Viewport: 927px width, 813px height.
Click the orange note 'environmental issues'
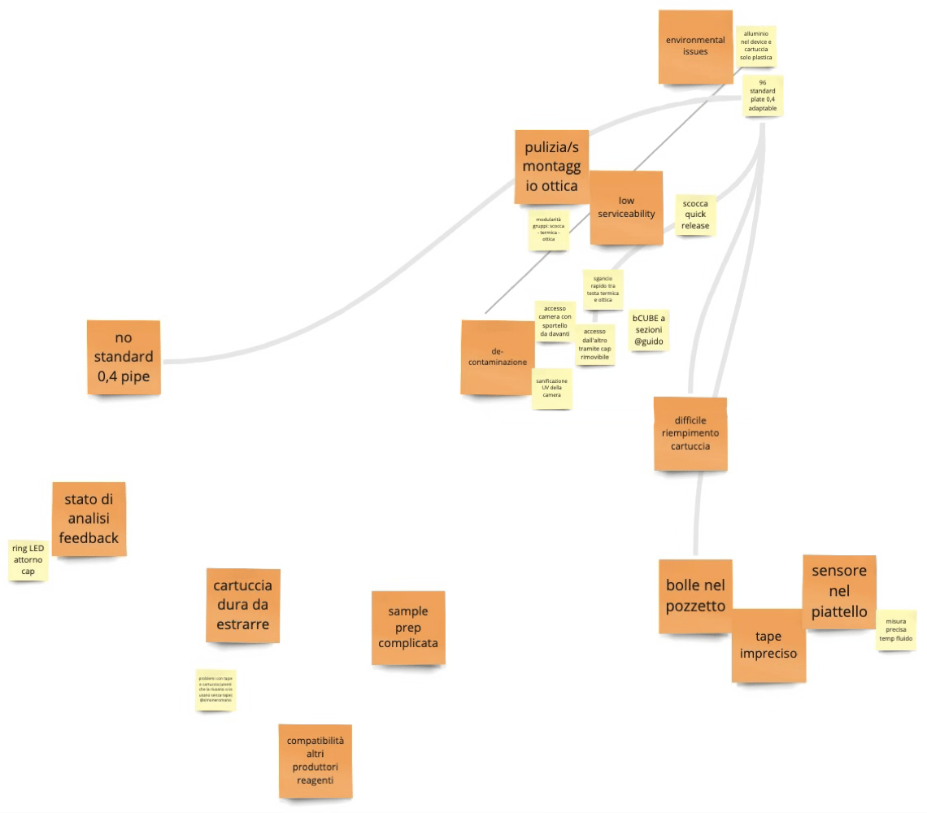(694, 46)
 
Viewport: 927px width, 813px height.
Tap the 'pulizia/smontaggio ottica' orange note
(551, 167)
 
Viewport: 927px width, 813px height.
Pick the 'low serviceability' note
(625, 207)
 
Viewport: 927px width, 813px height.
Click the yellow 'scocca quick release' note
(695, 215)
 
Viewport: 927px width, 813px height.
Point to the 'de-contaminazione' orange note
(497, 357)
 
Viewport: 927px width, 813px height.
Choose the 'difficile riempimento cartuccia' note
(690, 433)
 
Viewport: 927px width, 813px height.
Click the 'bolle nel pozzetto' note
(694, 596)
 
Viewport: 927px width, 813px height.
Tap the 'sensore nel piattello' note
(839, 591)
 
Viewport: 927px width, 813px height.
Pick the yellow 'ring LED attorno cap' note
(28, 559)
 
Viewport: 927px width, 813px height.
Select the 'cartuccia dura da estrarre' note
(242, 605)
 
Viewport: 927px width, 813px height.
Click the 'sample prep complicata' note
(407, 627)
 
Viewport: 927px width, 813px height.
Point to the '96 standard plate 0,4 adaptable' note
(762, 97)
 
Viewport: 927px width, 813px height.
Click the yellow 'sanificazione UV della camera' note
(552, 388)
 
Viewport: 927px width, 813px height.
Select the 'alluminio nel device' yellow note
(755, 46)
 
